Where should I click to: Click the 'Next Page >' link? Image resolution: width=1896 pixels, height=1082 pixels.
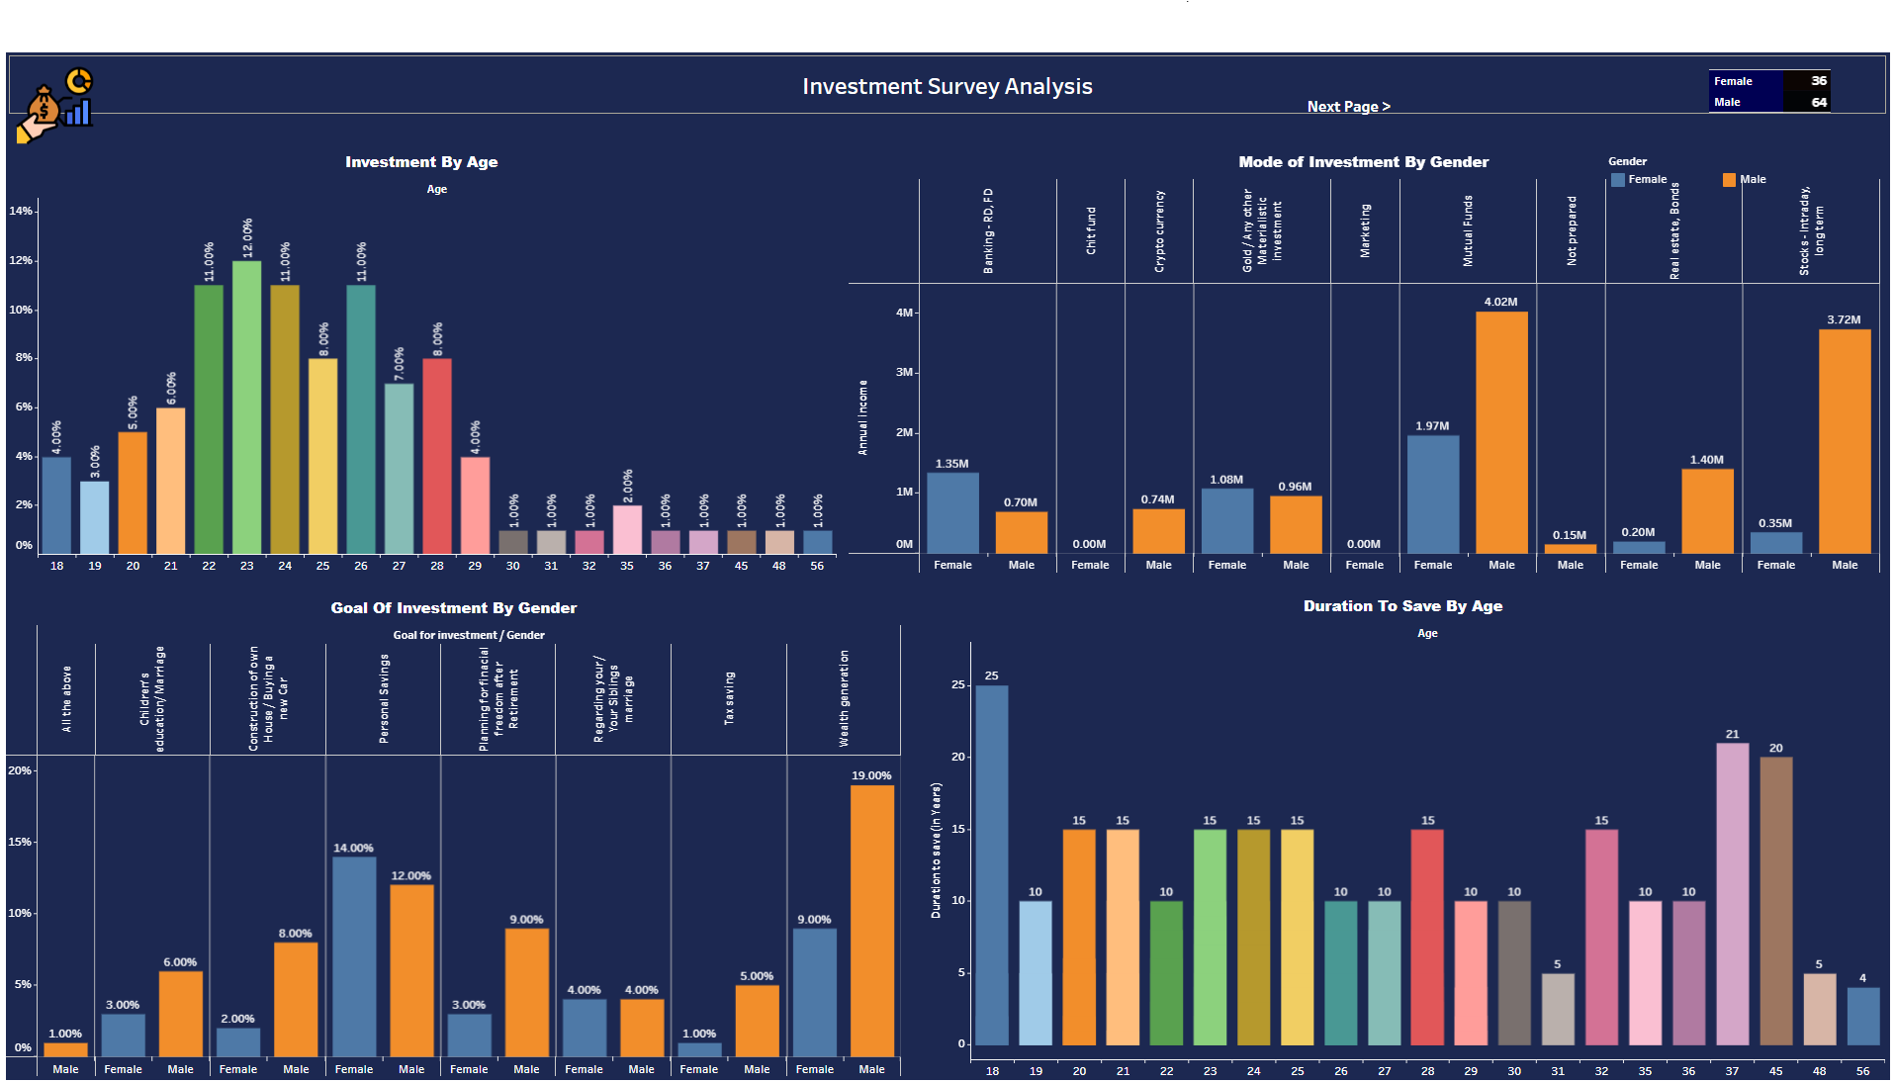click(x=1348, y=107)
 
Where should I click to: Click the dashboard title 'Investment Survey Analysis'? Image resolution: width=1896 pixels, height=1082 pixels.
click(x=947, y=87)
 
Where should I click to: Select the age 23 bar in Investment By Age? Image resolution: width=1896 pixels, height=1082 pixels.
click(x=246, y=406)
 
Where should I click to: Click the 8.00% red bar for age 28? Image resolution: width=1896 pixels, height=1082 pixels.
click(x=437, y=455)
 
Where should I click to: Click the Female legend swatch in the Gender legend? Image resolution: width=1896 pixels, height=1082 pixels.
click(x=1618, y=180)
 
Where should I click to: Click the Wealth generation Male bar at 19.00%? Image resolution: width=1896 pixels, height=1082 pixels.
click(x=871, y=920)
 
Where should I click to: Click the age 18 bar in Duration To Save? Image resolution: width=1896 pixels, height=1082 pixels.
click(x=992, y=864)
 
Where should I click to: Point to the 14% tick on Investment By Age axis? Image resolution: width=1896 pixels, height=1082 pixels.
click(x=21, y=211)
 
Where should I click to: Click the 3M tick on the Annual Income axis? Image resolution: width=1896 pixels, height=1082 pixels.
click(x=904, y=373)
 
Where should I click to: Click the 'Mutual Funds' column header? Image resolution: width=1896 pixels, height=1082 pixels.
click(x=1468, y=231)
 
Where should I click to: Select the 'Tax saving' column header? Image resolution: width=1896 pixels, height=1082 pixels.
click(x=729, y=698)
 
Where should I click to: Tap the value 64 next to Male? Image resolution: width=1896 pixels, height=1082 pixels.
click(x=1818, y=102)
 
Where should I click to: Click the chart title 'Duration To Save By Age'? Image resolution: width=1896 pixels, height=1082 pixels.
click(x=1401, y=606)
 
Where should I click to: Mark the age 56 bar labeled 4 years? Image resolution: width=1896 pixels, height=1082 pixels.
click(x=1862, y=1016)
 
